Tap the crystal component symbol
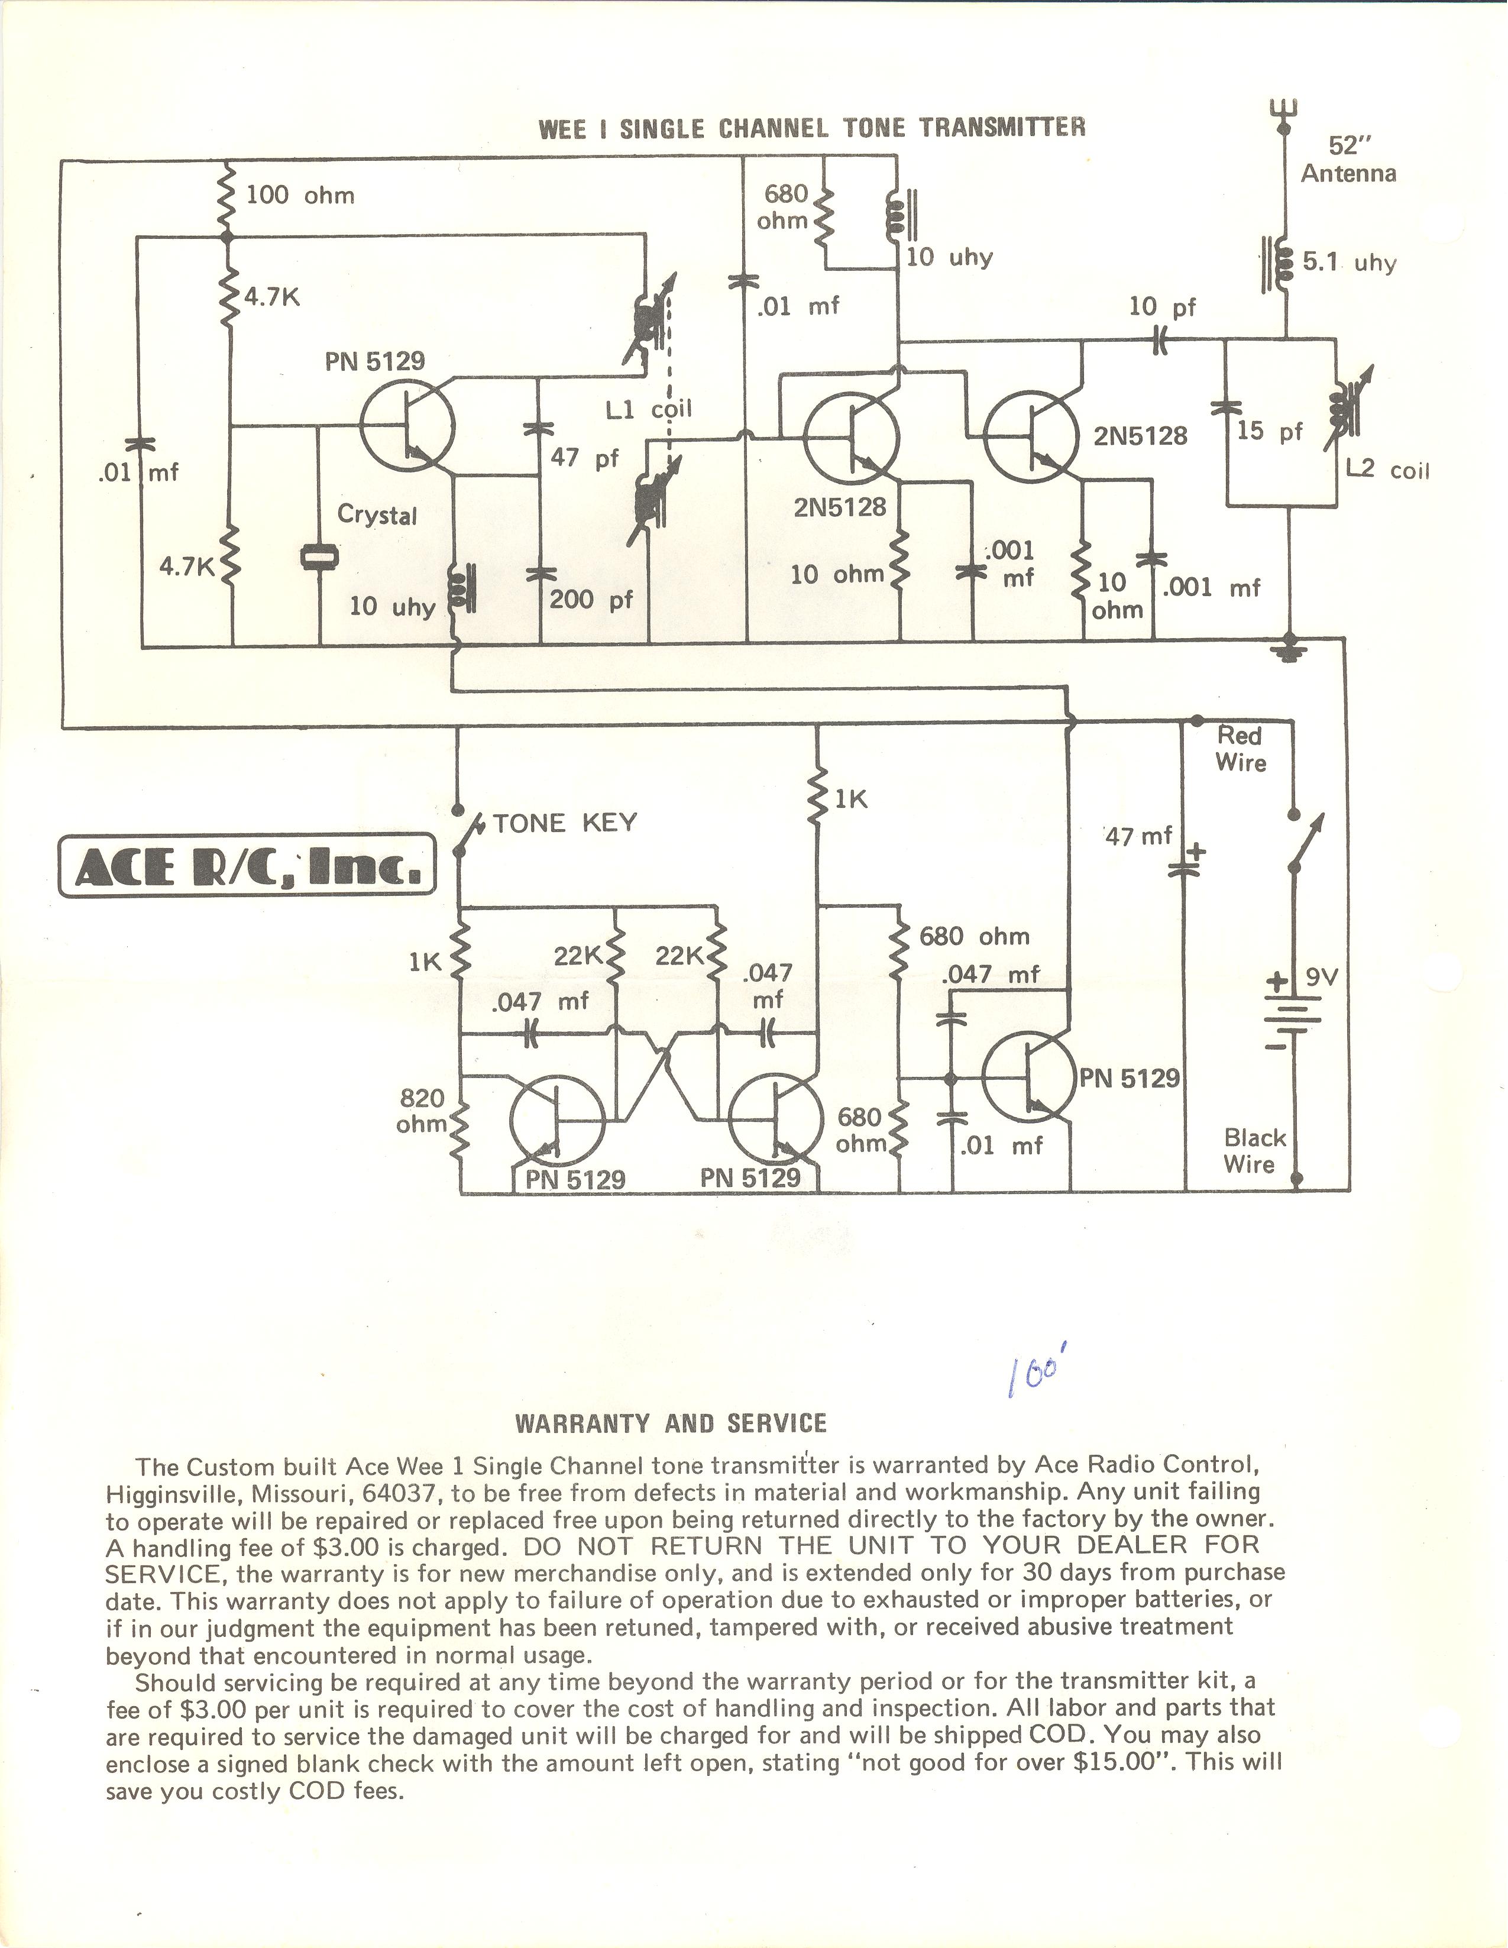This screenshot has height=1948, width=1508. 318,558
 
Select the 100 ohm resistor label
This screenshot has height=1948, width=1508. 300,195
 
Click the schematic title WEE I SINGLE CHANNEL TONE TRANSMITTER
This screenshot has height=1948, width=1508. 811,128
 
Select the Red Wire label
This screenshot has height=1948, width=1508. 1241,749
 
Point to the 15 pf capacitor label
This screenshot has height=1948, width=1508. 1270,432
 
